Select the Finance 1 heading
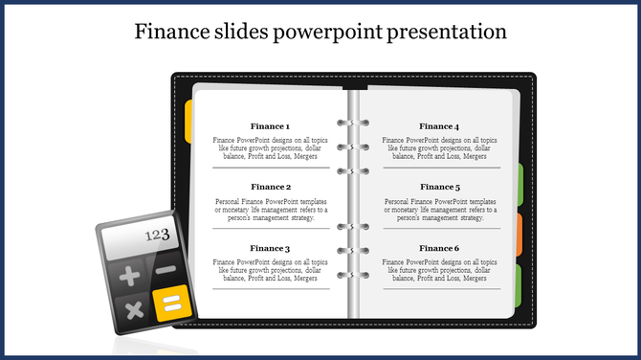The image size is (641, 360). (x=270, y=126)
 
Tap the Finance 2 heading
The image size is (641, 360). (x=270, y=187)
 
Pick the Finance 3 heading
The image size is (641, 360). (x=270, y=249)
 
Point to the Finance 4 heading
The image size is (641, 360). (x=439, y=126)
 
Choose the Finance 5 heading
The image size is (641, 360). (x=439, y=187)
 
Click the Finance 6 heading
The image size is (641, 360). (x=439, y=249)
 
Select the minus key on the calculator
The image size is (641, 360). (x=166, y=271)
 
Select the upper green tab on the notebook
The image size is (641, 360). (x=519, y=184)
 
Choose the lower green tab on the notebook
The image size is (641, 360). (x=519, y=285)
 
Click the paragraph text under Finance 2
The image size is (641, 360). (x=270, y=210)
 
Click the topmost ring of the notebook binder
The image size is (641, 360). (x=346, y=124)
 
